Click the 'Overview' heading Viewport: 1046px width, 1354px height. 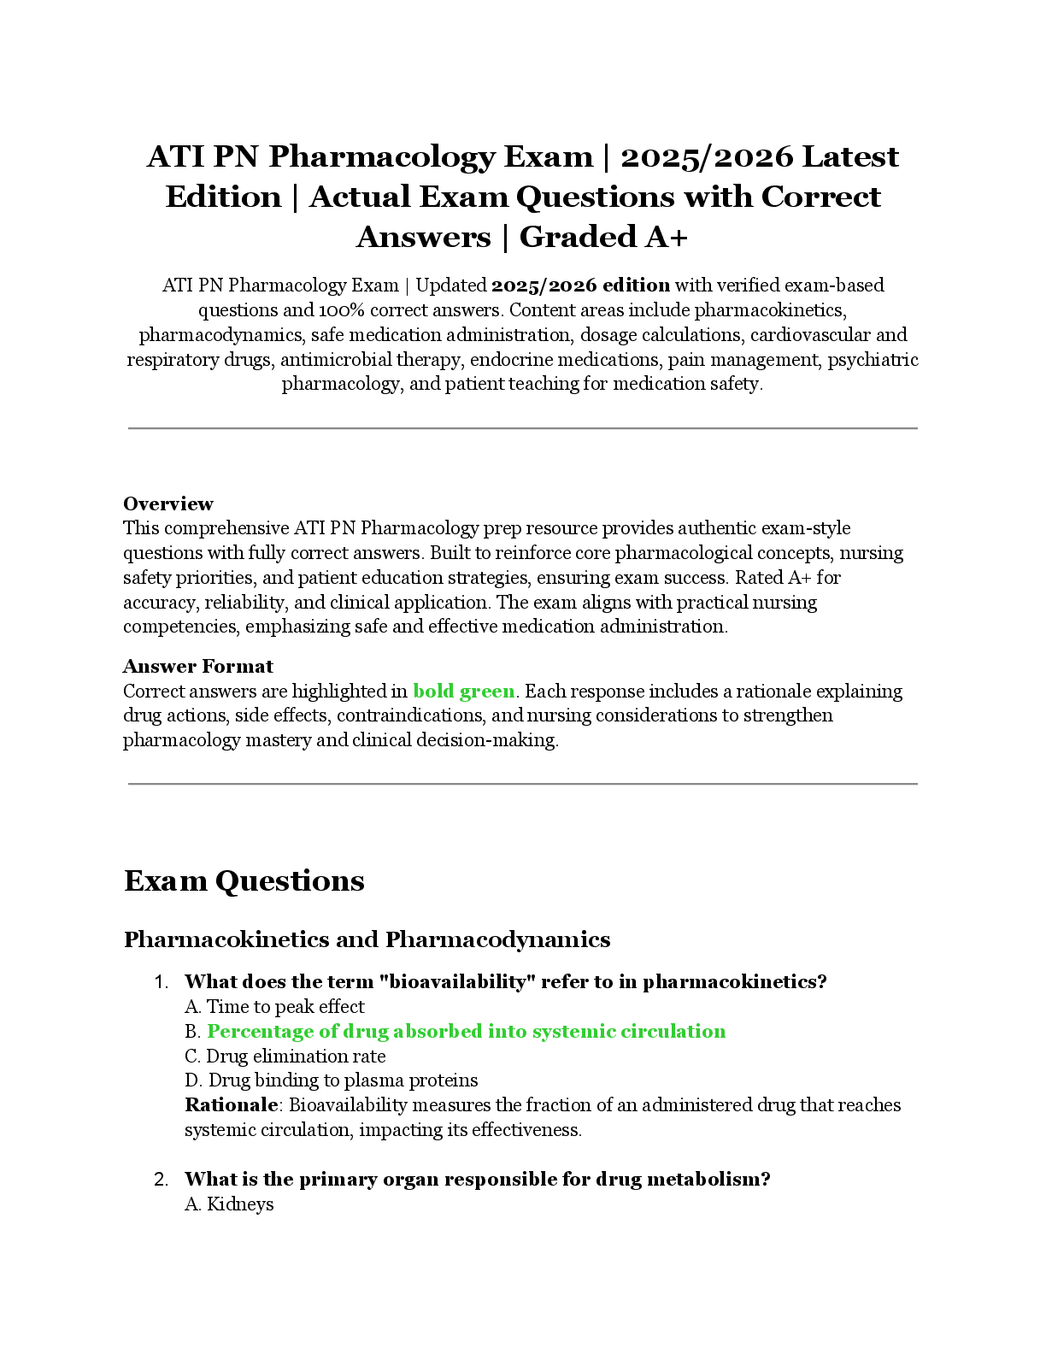pos(167,503)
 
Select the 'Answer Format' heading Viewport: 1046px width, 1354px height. pos(197,666)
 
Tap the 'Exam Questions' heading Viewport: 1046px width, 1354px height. pos(244,880)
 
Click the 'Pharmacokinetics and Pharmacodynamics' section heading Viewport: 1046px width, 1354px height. pos(367,939)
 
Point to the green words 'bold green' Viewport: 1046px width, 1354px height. pos(463,691)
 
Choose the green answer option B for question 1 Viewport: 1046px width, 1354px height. pos(466,1031)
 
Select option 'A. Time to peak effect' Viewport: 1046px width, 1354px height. pos(274,1006)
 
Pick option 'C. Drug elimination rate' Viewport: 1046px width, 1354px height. pos(285,1056)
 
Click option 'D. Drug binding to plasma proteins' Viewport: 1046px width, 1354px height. pos(331,1080)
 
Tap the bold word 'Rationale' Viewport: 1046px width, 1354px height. pos(231,1105)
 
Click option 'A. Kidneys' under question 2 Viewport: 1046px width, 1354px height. pos(229,1204)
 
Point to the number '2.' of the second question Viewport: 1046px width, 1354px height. pos(162,1180)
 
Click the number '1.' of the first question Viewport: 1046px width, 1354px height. pos(162,982)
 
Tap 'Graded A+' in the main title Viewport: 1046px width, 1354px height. pos(602,237)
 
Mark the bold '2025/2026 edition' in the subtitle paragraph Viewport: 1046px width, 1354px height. pos(580,286)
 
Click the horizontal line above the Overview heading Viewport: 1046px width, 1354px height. pos(522,428)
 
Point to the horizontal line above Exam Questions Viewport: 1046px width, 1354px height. pos(522,783)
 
